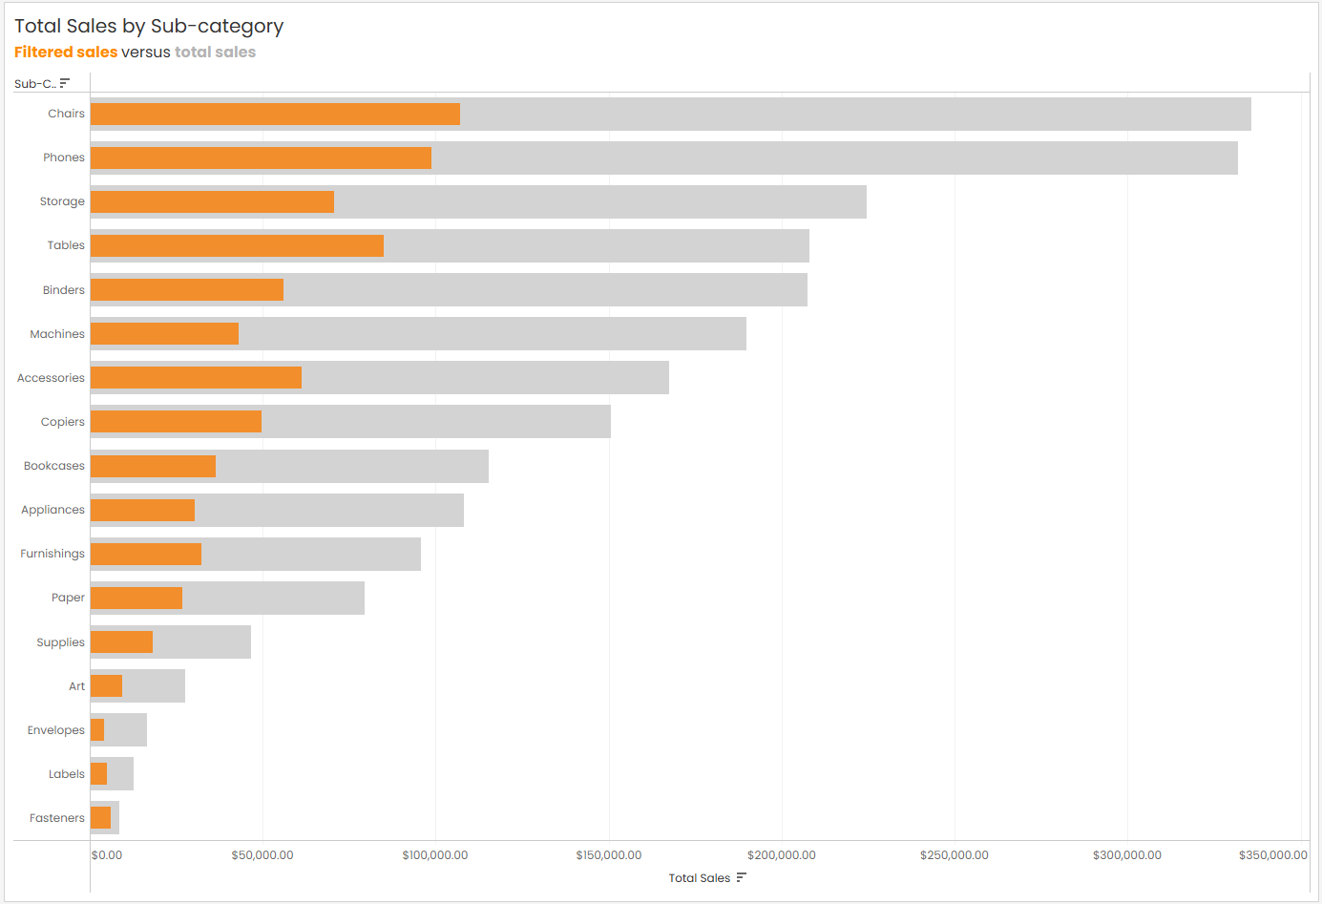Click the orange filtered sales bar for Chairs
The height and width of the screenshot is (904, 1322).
click(275, 115)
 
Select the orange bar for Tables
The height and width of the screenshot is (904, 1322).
click(237, 246)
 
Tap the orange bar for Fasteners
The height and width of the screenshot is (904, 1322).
click(100, 818)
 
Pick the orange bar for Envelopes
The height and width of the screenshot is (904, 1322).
click(97, 730)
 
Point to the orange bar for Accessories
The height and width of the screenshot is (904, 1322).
click(196, 378)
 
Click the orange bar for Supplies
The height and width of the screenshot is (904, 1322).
click(121, 642)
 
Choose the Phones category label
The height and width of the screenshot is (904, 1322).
click(64, 158)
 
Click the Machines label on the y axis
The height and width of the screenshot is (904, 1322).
click(57, 334)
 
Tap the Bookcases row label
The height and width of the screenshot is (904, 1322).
click(54, 466)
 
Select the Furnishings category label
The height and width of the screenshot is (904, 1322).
click(52, 554)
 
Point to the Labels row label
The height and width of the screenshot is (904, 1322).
click(67, 774)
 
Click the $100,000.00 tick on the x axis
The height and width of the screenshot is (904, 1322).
click(435, 855)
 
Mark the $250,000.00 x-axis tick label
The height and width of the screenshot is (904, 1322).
click(955, 855)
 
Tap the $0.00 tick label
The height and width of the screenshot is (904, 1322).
click(107, 855)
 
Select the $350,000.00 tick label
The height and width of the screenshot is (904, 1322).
click(1272, 855)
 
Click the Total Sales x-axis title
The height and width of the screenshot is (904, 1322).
click(699, 878)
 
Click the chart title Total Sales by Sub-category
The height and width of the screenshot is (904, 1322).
click(149, 27)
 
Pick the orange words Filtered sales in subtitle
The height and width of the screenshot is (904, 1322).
click(66, 53)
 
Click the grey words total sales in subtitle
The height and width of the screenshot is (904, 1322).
click(215, 53)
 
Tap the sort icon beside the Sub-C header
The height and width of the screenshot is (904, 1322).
click(65, 84)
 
